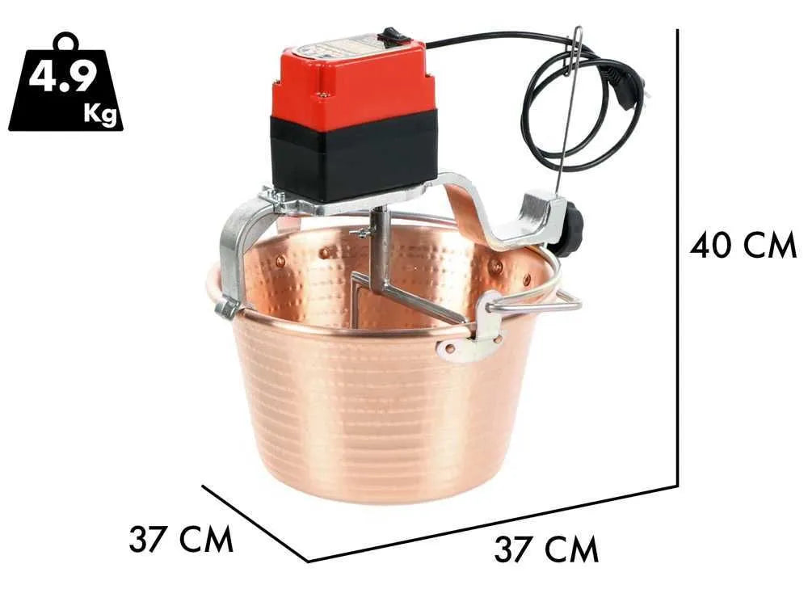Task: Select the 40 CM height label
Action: pos(743,245)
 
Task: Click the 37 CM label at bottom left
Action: pos(180,539)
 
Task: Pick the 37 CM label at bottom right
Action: pos(546,550)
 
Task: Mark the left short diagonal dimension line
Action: pos(255,523)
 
